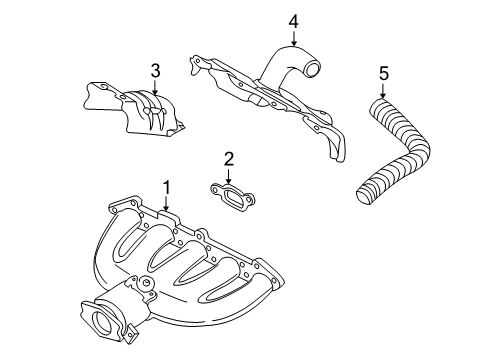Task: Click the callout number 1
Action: (166, 187)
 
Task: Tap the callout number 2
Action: (228, 158)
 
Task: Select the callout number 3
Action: (156, 70)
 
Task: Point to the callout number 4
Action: (293, 20)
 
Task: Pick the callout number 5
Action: (383, 72)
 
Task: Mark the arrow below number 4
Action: (293, 37)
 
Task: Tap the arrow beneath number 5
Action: (383, 89)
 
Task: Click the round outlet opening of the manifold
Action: (103, 323)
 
